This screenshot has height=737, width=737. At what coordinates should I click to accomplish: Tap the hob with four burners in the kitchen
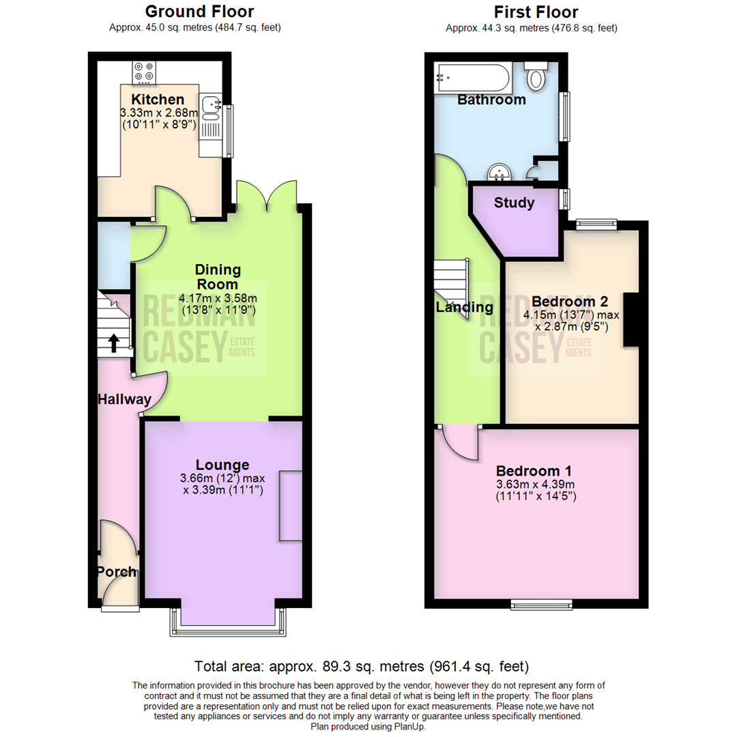click(x=144, y=71)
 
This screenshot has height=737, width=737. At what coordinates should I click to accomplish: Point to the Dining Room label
click(x=217, y=276)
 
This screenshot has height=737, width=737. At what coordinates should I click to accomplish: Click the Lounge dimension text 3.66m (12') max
click(x=223, y=478)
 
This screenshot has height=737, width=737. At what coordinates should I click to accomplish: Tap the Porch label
click(x=116, y=572)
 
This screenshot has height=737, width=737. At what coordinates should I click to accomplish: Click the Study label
click(x=514, y=203)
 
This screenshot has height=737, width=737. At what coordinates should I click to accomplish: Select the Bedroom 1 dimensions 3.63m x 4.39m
click(x=536, y=485)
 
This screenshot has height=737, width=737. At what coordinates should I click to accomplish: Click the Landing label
click(x=465, y=308)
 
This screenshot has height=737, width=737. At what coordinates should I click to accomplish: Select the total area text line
click(x=362, y=666)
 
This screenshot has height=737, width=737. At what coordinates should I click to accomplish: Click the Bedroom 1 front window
click(x=541, y=604)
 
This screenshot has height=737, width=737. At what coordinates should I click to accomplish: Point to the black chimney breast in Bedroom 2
click(x=631, y=319)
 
